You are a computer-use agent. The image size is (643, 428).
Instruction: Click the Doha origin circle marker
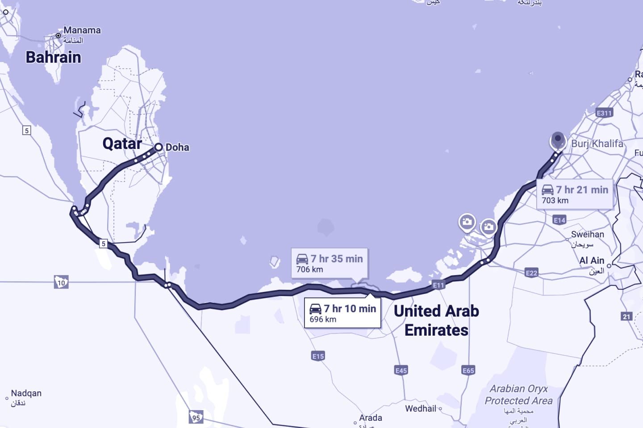159,147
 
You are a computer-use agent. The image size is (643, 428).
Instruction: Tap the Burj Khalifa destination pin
558,140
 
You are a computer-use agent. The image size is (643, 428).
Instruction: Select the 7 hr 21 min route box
575,194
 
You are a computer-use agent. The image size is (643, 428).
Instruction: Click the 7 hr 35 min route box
330,263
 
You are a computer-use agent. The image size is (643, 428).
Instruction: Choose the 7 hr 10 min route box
342,313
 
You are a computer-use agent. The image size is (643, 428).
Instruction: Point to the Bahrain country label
53,57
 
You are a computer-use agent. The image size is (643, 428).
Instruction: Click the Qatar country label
122,143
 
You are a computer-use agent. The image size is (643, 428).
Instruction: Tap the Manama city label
82,30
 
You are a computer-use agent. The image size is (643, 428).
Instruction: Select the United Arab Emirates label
436,320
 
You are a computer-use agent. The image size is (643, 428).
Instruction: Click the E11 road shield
438,285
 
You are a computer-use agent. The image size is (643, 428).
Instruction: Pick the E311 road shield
604,113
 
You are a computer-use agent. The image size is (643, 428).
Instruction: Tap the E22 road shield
531,273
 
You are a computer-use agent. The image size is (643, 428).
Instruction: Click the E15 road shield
318,356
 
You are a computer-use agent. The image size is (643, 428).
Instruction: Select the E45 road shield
401,370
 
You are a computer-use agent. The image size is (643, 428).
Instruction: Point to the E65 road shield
468,370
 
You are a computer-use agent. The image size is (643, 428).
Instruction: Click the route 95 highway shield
196,418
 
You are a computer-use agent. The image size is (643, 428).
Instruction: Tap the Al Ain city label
592,260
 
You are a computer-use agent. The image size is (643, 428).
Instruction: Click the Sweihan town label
587,235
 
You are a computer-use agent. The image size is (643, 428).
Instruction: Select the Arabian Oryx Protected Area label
518,395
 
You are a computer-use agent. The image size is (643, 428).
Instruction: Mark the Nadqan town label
26,393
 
